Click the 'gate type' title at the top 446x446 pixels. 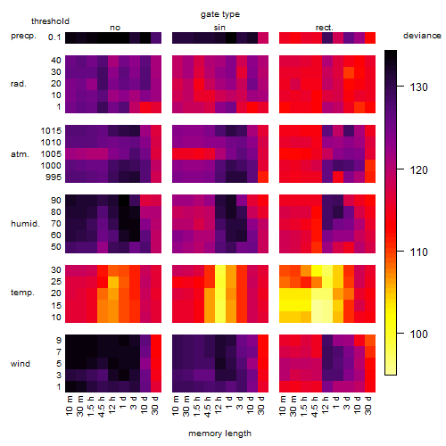coord(220,14)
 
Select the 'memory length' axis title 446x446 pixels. coord(219,434)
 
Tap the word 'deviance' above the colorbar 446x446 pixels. coord(422,36)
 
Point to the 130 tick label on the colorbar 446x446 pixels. coord(418,87)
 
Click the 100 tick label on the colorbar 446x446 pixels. coord(418,334)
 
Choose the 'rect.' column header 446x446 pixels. coord(325,28)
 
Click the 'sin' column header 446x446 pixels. coord(219,28)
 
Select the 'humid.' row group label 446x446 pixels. coord(25,224)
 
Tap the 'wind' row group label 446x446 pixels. coord(21,364)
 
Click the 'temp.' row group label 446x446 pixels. coord(22,293)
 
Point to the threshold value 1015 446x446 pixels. coord(51,131)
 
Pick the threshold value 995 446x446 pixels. coord(54,178)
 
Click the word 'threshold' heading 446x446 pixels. coord(50,21)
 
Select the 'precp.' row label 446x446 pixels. coord(23,36)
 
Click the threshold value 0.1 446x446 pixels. coord(54,37)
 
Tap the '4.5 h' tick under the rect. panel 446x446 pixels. coord(314,406)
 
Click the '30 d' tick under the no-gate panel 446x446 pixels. coord(155,405)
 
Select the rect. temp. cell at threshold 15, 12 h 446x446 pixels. coord(327,305)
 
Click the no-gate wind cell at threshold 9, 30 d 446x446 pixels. coord(156,341)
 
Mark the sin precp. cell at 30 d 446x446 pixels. coord(263,38)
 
